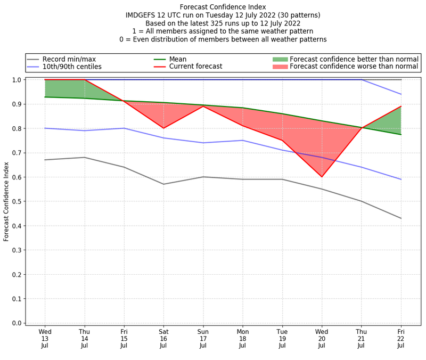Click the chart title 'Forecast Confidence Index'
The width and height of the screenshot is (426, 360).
[x=223, y=7]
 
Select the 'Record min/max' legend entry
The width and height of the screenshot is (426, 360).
[x=69, y=59]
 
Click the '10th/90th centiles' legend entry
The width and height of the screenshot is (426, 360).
[x=72, y=67]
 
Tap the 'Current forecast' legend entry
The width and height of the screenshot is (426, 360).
[x=195, y=67]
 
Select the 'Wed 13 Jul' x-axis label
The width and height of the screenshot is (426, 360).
[x=45, y=338]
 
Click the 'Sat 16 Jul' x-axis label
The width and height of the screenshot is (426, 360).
[x=163, y=338]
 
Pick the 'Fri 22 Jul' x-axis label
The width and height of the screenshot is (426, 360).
[x=401, y=338]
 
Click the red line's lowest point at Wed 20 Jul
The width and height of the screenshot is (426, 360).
[x=322, y=177]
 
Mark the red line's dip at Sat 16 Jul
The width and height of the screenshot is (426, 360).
[x=163, y=128]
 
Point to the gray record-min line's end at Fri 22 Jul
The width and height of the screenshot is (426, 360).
[x=401, y=218]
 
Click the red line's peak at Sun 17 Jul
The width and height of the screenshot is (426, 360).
[x=203, y=107]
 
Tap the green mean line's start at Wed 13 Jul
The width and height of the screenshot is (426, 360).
[x=45, y=97]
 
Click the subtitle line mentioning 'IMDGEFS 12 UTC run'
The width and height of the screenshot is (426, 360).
[x=223, y=15]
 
